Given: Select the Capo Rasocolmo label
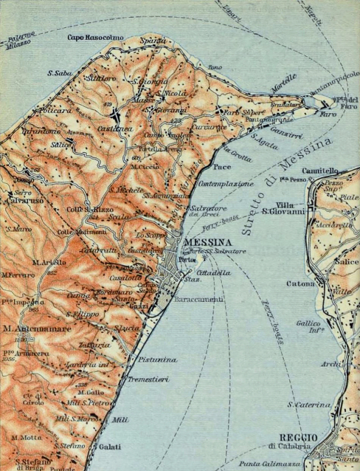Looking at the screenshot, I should [x=96, y=37].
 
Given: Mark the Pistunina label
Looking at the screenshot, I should [x=156, y=359].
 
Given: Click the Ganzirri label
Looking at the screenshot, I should [x=283, y=127].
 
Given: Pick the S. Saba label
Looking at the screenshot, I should [x=58, y=73].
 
